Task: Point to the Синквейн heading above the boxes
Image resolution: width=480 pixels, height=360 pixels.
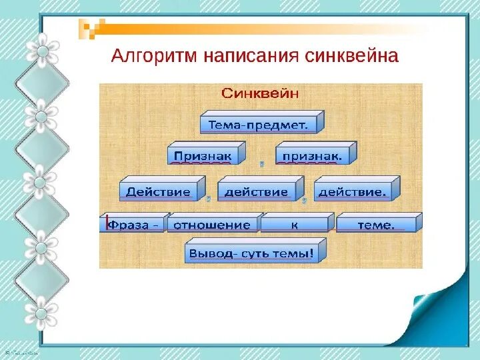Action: (261, 93)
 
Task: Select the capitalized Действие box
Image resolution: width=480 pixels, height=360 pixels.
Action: (158, 191)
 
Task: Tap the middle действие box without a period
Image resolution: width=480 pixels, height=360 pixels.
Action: (256, 191)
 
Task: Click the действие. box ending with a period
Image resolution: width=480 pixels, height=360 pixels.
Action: (352, 191)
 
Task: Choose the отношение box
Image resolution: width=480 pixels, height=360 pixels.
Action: (212, 225)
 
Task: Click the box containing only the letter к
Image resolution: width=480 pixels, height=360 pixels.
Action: (294, 225)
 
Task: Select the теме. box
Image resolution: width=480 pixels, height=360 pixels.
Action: (376, 225)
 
